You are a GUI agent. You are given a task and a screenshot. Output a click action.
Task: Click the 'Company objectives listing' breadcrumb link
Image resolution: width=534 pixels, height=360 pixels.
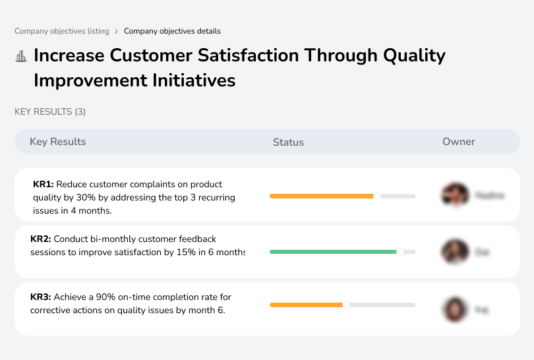click(62, 31)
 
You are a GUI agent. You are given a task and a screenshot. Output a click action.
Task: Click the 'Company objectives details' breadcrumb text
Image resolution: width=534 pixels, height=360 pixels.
click(172, 31)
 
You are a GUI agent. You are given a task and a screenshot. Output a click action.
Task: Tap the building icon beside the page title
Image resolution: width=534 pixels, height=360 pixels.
click(21, 56)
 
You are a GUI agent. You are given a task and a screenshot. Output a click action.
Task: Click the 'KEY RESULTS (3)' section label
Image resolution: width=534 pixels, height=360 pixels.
click(50, 112)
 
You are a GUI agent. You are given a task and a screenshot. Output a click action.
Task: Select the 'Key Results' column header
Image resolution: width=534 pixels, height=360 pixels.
click(57, 142)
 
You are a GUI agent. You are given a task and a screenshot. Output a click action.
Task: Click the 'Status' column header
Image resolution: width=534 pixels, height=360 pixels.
click(288, 142)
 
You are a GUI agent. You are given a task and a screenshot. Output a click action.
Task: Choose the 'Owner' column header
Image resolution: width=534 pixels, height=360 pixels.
click(459, 142)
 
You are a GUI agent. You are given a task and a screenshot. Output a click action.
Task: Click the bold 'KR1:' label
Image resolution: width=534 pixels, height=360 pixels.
click(43, 185)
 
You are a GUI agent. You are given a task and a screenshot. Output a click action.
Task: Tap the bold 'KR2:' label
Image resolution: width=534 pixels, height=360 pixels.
click(41, 239)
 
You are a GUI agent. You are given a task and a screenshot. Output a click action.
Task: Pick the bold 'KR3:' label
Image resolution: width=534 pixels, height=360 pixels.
click(41, 297)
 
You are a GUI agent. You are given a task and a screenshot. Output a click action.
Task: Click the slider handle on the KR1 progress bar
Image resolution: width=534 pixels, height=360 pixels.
click(377, 196)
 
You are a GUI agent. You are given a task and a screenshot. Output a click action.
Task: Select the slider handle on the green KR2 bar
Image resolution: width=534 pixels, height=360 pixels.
click(400, 252)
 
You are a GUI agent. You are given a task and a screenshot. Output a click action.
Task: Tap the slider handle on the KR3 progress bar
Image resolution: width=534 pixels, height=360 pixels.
click(346, 305)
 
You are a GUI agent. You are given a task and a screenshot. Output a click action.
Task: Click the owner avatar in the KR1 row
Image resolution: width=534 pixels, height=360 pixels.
click(454, 196)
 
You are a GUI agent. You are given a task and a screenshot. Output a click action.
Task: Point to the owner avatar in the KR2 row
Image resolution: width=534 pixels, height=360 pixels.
click(454, 252)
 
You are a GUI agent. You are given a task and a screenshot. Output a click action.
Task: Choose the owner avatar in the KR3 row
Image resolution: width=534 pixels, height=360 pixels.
click(454, 309)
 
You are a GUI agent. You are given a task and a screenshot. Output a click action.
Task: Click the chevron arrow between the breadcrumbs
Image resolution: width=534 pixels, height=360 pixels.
click(117, 31)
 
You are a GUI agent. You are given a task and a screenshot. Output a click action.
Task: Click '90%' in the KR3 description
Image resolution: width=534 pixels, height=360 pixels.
click(105, 297)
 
